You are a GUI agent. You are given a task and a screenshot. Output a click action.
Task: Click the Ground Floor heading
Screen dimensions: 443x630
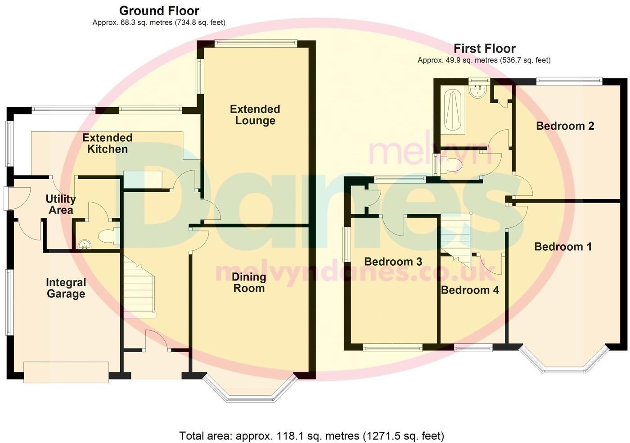pyautogui.click(x=159, y=10)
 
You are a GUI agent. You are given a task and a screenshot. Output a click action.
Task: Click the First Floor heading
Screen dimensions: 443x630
pyautogui.click(x=484, y=48)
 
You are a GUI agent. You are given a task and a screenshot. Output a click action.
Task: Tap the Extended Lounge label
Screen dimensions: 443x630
pyautogui.click(x=255, y=115)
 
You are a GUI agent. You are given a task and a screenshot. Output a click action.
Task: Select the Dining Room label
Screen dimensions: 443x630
pyautogui.click(x=248, y=283)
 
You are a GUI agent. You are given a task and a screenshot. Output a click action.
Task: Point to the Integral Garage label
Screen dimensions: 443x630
pyautogui.click(x=66, y=288)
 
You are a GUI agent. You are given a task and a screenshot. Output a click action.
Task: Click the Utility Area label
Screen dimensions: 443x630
pyautogui.click(x=61, y=204)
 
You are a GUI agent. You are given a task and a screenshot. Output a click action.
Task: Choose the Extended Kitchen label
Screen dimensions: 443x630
pyautogui.click(x=107, y=143)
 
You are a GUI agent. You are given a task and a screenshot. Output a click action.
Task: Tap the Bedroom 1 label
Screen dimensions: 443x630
pyautogui.click(x=562, y=247)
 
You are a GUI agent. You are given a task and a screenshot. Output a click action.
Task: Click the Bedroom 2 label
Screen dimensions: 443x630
pyautogui.click(x=565, y=126)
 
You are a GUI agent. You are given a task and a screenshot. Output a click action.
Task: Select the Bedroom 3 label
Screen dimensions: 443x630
pyautogui.click(x=393, y=262)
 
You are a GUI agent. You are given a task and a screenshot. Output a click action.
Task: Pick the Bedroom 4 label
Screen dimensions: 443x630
pyautogui.click(x=470, y=290)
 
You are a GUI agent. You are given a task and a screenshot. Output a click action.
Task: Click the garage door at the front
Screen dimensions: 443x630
pyautogui.click(x=66, y=372)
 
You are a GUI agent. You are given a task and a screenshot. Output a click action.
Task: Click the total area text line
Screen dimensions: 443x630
pyautogui.click(x=311, y=436)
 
